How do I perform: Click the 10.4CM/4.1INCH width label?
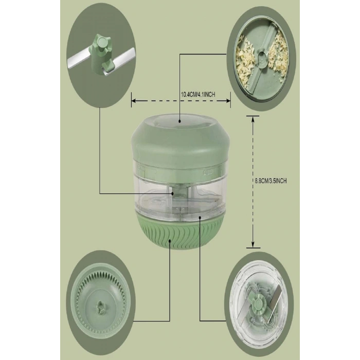pos(198,94)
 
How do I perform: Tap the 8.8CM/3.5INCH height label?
pos(271,181)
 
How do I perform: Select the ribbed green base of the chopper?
pos(180,232)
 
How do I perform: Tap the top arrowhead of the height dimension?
pos(253,120)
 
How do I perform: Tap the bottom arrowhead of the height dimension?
pos(253,244)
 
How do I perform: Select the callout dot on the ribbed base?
pos(170,240)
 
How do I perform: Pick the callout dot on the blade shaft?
pos(172,193)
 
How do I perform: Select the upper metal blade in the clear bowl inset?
pos(275,297)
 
